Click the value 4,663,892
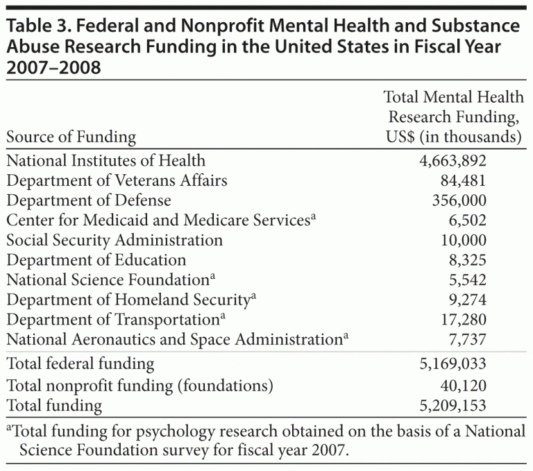coord(452,162)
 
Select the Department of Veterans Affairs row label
coord(117,182)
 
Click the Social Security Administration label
coord(115,241)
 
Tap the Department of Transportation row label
coord(112,320)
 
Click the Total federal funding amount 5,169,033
coord(452,363)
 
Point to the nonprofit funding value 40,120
coord(461,385)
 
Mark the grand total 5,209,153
coord(452,405)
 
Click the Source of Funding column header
coord(71,137)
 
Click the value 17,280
coord(461,320)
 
